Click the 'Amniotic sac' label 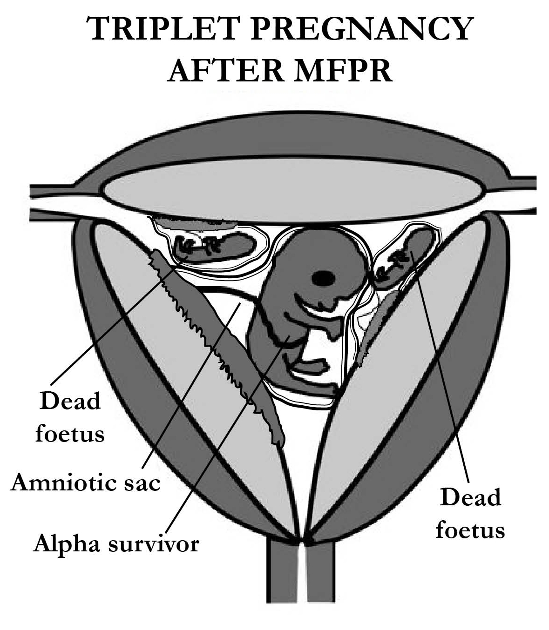click(86, 483)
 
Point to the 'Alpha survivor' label click(116, 543)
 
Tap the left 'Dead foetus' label click(70, 417)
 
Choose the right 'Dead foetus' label click(470, 513)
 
